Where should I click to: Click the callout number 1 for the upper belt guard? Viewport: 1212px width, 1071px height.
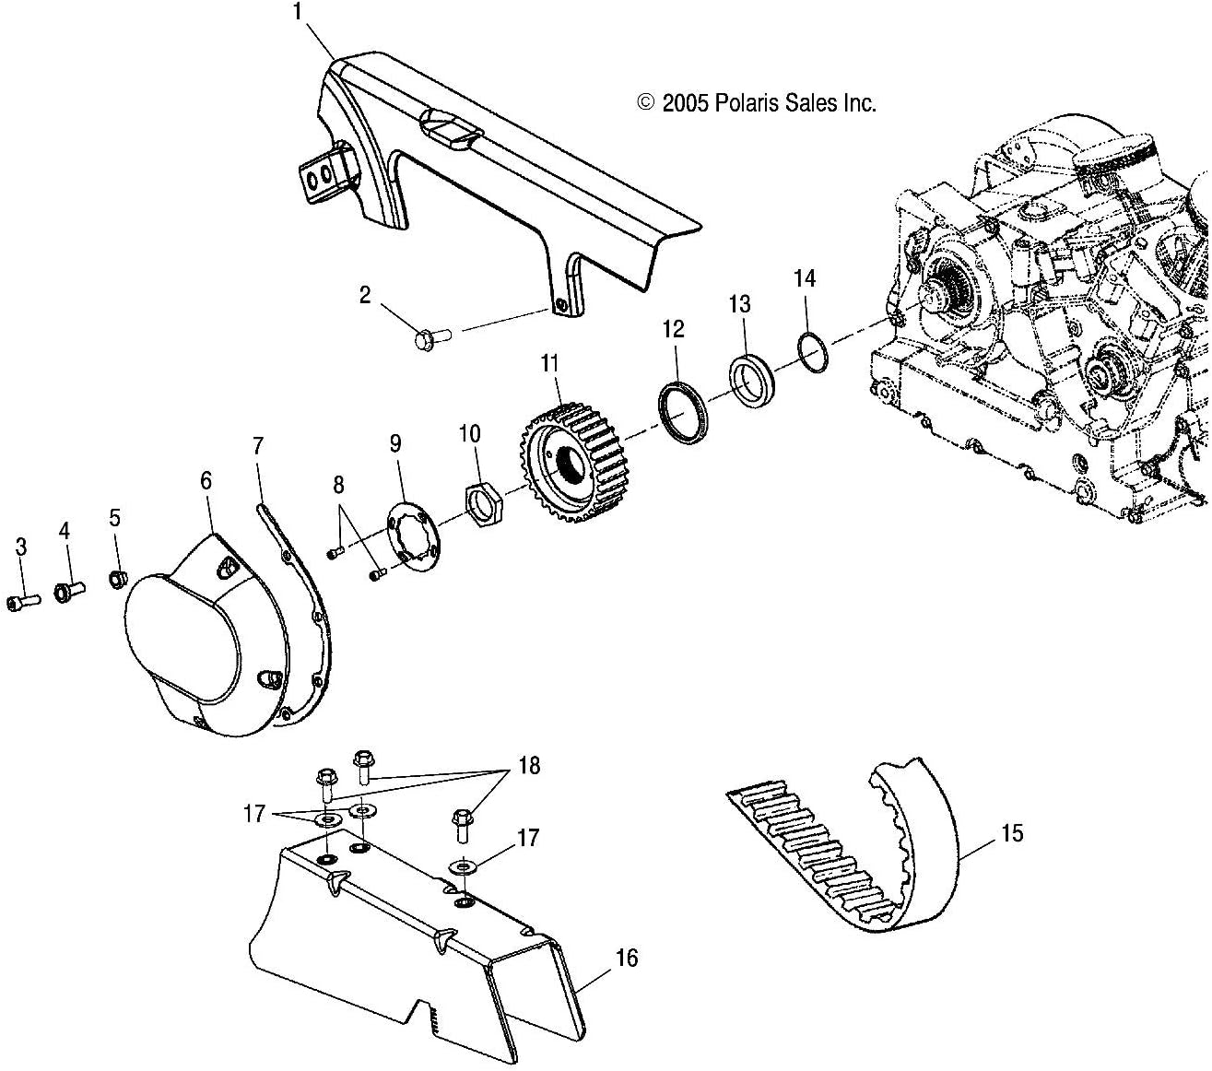coord(297,12)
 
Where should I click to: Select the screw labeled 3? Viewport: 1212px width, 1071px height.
coord(23,602)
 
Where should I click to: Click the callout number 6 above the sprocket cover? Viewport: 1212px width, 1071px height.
coord(206,481)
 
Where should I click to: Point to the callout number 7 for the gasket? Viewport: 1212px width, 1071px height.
coord(257,448)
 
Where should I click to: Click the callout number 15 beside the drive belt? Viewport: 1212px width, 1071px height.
coord(1011,834)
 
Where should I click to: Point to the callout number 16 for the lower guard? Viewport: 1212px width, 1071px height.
coord(626,959)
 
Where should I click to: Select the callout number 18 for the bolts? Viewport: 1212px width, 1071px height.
coord(529,766)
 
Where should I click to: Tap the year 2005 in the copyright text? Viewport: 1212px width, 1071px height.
coord(684,103)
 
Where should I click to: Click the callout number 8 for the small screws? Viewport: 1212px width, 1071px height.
coord(338,485)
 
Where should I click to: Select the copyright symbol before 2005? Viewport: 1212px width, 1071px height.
coord(646,103)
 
